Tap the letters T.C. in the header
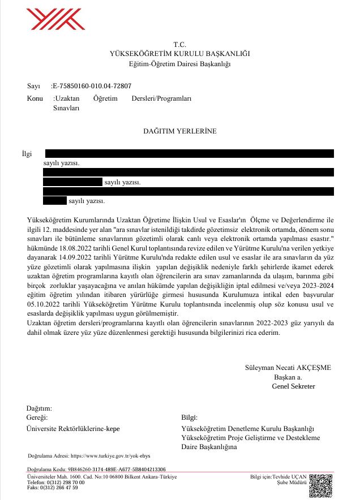click(179, 44)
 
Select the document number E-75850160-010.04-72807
click(91, 87)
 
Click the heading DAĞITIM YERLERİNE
click(179, 131)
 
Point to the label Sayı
click(33, 87)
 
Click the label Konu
click(35, 98)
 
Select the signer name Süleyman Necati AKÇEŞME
click(288, 367)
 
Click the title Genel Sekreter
click(293, 386)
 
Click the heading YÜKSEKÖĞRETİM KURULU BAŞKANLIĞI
click(179, 54)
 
